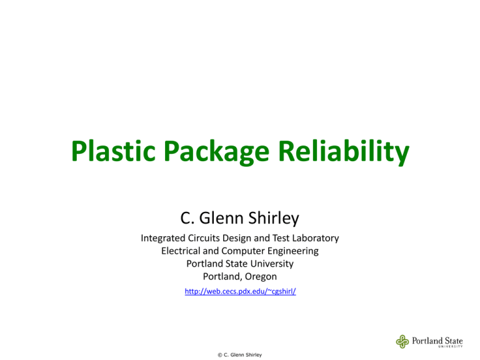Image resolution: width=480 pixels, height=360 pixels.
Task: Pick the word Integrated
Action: coord(166,238)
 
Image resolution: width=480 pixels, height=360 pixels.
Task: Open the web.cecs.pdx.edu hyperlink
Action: coord(240,291)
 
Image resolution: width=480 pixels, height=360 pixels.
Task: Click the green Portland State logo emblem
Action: coord(403,341)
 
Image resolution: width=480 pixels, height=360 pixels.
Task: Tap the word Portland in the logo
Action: coord(427,339)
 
